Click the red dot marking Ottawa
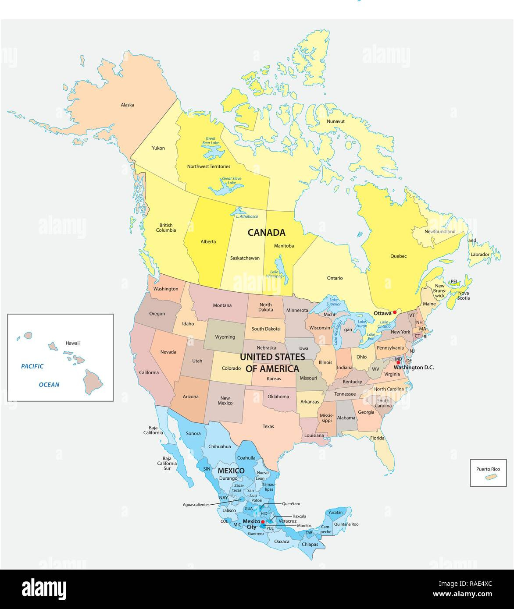point(395,312)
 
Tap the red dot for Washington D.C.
point(398,362)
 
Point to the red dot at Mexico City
point(263,522)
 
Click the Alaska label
point(128,105)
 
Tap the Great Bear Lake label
point(210,141)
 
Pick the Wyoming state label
point(225,337)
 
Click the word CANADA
point(267,233)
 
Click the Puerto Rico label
point(488,469)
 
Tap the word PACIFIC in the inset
point(32,366)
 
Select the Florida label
point(377,438)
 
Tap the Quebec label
point(399,256)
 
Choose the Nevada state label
point(168,352)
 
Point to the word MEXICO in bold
point(231,471)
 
